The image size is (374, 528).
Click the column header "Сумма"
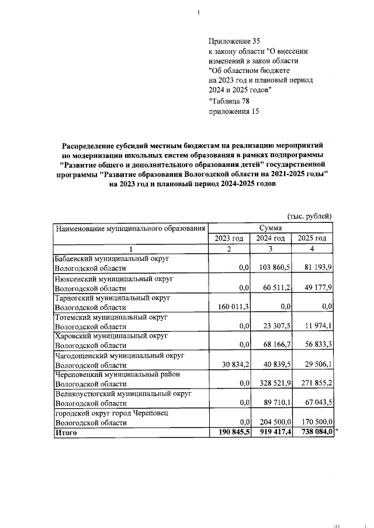[x=271, y=228]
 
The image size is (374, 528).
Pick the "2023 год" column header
[x=229, y=239]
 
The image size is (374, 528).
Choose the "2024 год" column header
[x=271, y=239]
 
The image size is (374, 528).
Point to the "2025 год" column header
[x=313, y=239]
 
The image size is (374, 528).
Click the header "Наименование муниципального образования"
[x=130, y=228]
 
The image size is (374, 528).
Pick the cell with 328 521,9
[x=272, y=383]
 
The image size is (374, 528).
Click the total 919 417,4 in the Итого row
[x=272, y=432]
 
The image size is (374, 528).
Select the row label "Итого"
[x=65, y=433]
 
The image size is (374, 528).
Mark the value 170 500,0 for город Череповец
[x=314, y=422]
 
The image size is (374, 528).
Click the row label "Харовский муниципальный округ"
[x=111, y=335]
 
